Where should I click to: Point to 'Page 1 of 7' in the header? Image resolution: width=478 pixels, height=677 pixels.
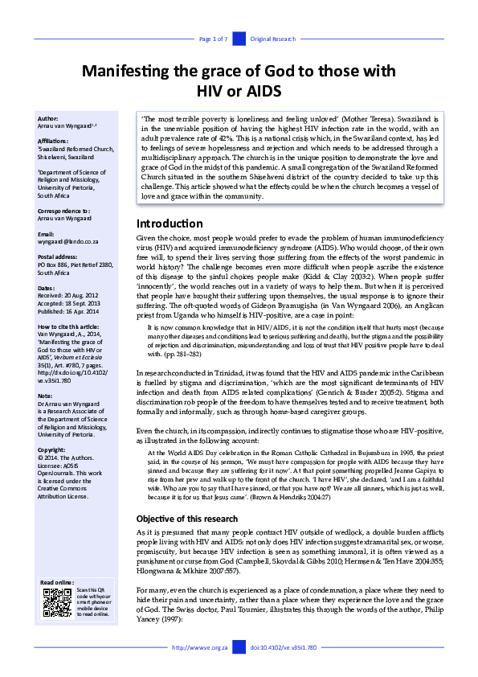(x=213, y=39)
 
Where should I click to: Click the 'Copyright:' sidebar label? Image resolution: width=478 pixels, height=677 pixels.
(x=51, y=449)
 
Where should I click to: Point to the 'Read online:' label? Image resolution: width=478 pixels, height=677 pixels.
(x=57, y=581)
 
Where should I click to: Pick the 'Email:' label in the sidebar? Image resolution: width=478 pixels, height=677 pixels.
(x=47, y=234)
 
